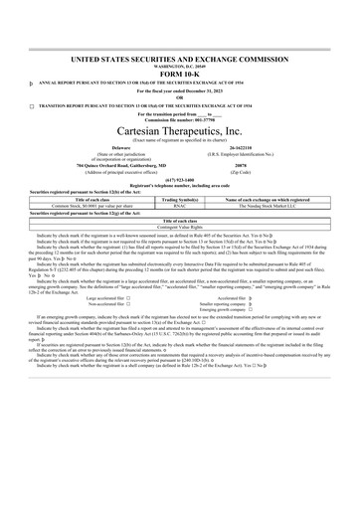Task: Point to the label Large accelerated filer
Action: pyautogui.click(x=107, y=296)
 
